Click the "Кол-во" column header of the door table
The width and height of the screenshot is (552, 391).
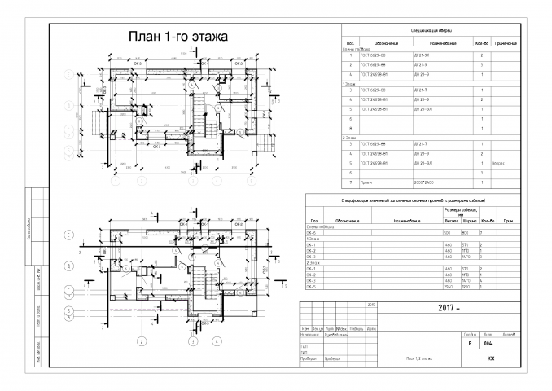[481, 42]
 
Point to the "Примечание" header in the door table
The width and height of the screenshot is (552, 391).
[506, 42]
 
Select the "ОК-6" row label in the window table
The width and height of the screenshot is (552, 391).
[311, 232]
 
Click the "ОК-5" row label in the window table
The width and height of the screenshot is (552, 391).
[311, 287]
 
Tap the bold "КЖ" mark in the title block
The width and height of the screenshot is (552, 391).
[491, 358]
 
